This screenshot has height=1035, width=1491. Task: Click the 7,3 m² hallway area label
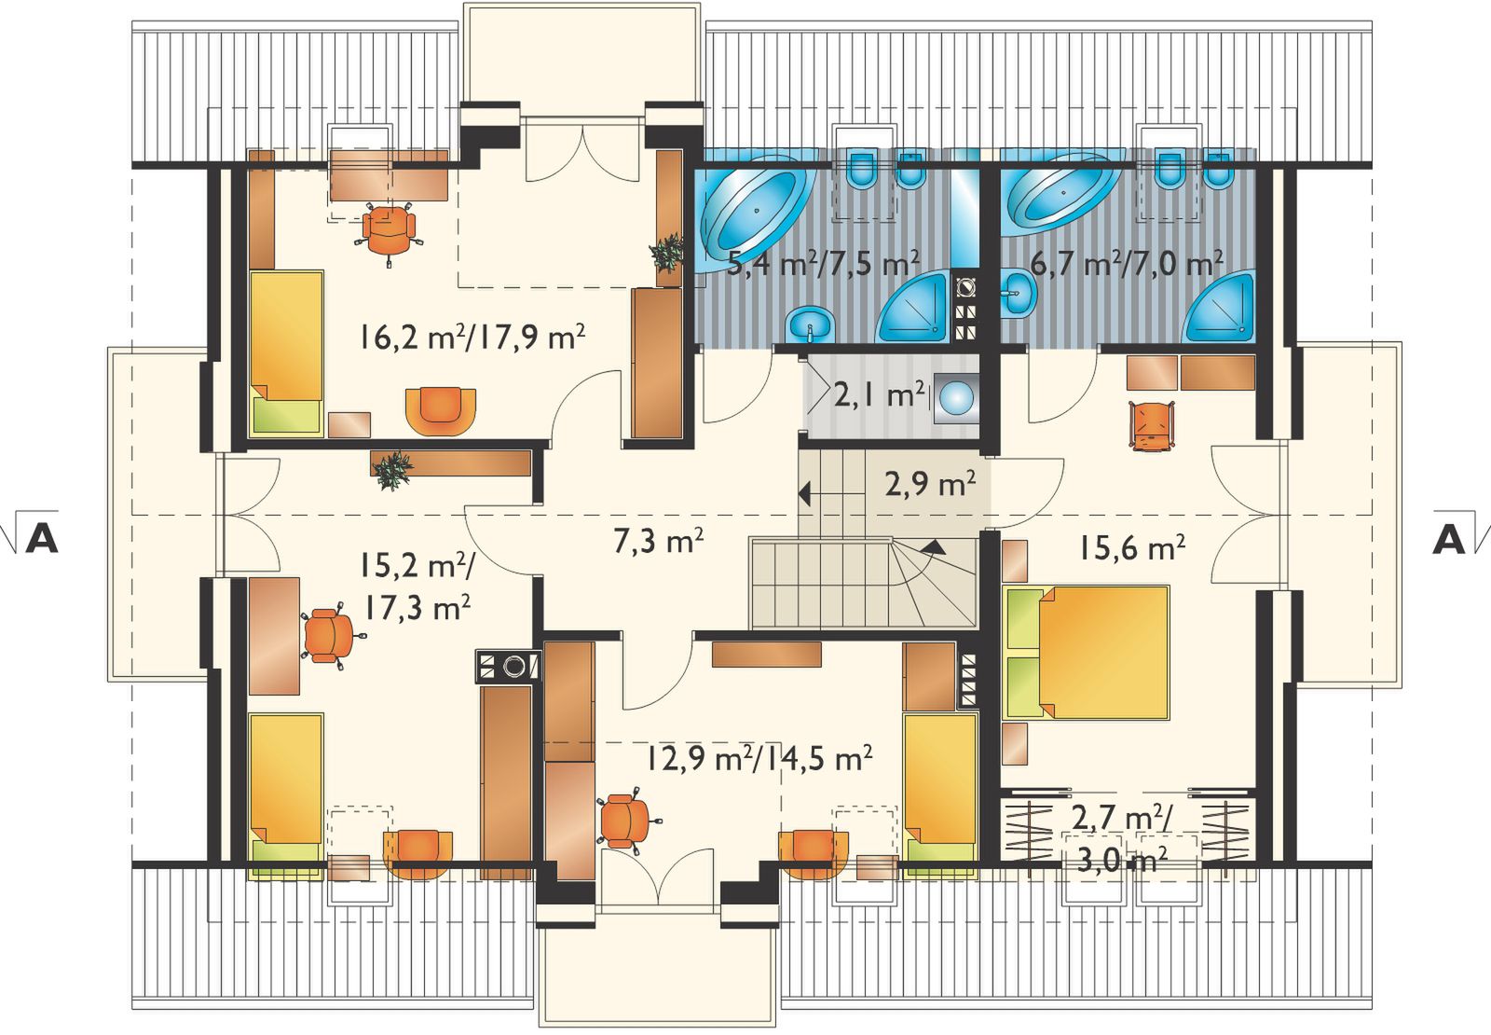(658, 542)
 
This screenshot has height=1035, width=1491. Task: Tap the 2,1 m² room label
(879, 395)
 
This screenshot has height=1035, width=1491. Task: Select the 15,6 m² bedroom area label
(1131, 549)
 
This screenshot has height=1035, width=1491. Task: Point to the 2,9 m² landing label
(931, 484)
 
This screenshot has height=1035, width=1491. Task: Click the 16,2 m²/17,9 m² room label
(472, 337)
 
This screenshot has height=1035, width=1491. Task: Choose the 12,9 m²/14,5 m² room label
(759, 758)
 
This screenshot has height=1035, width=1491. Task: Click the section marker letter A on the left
(41, 539)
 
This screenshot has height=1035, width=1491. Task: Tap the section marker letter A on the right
(1448, 539)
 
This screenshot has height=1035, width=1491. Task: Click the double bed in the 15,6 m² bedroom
(1087, 653)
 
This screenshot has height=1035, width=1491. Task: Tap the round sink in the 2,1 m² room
(957, 398)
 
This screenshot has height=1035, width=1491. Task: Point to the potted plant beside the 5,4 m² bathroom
(667, 252)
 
